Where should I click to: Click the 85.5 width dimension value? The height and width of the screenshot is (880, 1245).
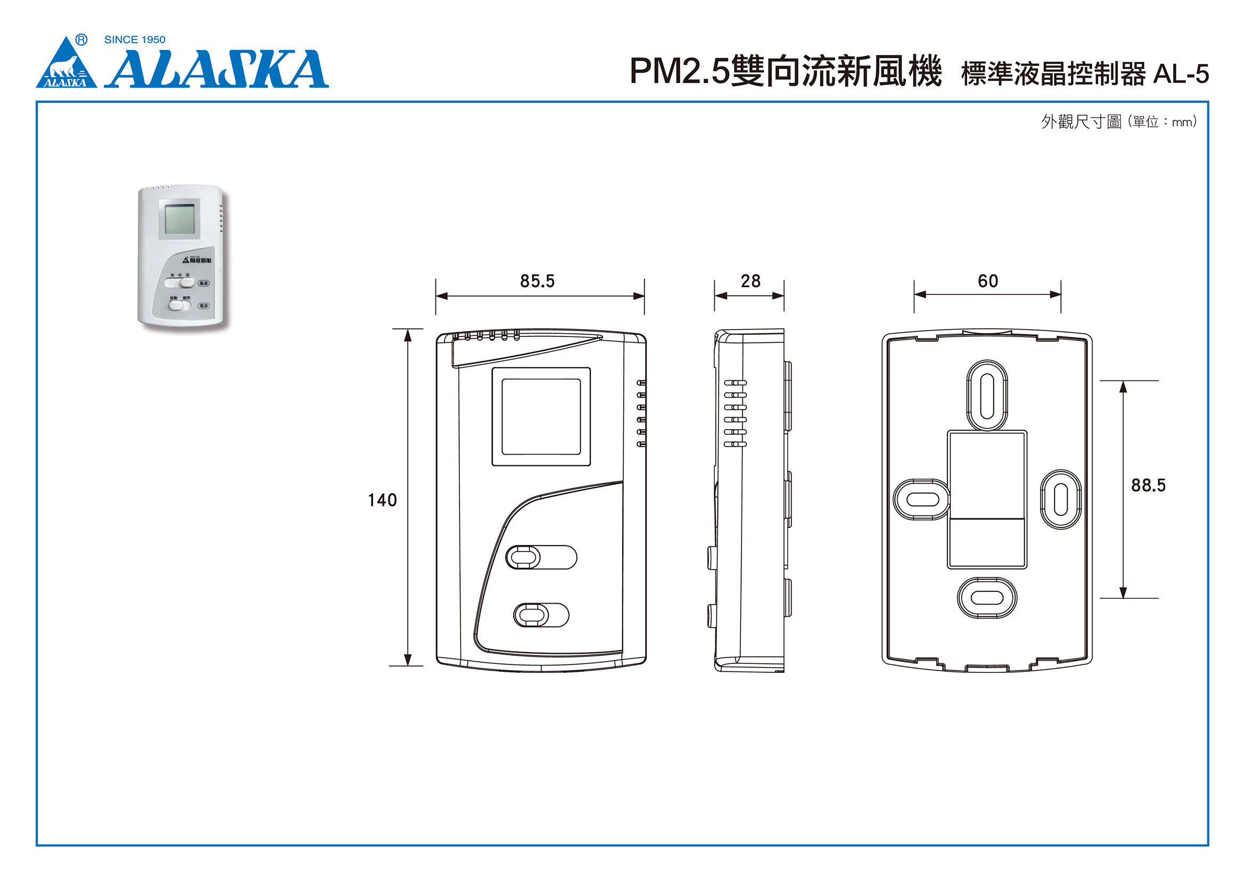click(x=537, y=281)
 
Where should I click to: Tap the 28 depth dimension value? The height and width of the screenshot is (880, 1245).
click(x=751, y=281)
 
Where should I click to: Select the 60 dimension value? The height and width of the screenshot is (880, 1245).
click(x=987, y=281)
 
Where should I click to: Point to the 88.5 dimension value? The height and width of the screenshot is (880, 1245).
click(x=1148, y=486)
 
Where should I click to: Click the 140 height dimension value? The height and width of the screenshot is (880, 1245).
click(x=382, y=500)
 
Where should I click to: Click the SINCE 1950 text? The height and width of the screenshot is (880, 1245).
click(x=135, y=39)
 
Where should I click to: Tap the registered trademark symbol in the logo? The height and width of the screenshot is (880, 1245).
click(x=81, y=39)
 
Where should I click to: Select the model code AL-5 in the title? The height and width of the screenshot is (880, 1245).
click(x=1181, y=75)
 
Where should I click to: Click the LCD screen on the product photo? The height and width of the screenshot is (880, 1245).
click(x=179, y=218)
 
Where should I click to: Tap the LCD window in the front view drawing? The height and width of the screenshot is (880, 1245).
click(x=541, y=416)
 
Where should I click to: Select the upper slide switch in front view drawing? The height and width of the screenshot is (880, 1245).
click(x=541, y=557)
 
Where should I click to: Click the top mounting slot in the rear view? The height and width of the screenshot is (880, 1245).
click(x=987, y=396)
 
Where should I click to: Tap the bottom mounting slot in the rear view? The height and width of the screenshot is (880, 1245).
click(x=987, y=598)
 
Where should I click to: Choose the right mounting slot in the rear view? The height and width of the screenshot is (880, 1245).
click(x=1061, y=499)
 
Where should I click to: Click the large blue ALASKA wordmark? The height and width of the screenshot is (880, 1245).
click(x=217, y=69)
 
